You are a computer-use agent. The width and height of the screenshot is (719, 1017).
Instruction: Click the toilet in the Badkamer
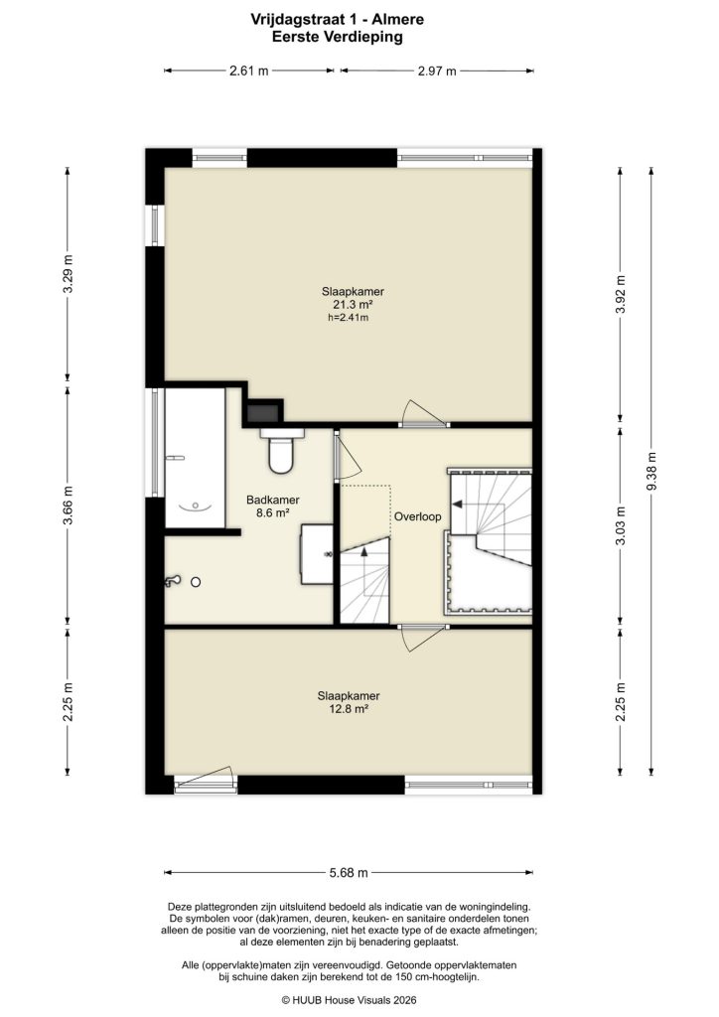281,452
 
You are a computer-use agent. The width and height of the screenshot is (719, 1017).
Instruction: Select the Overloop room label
417,517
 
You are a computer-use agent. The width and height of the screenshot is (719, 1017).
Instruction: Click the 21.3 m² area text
353,305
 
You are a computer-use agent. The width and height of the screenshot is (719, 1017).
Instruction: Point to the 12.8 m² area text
349,710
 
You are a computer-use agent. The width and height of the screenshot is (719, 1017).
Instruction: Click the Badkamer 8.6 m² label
273,507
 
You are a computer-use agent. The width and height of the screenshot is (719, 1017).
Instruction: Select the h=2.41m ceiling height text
348,318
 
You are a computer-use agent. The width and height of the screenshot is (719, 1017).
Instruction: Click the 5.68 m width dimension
349,873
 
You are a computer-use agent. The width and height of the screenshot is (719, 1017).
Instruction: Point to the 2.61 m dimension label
247,71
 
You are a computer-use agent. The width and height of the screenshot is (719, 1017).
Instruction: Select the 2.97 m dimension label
437,71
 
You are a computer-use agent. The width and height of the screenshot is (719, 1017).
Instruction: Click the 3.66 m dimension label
68,505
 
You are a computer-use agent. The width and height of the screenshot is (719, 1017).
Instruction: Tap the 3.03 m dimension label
621,526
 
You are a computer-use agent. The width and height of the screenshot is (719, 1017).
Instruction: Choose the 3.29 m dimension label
68,274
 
